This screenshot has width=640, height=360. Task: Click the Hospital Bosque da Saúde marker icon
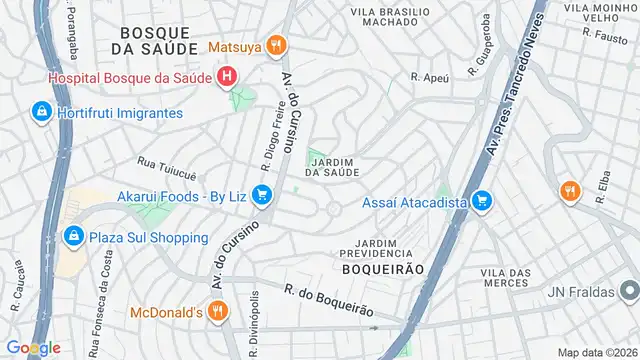tap(228, 76)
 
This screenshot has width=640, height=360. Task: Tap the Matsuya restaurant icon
tap(276, 45)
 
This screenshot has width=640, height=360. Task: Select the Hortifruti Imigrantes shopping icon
tap(41, 112)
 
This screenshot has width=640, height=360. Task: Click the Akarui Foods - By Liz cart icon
tap(262, 196)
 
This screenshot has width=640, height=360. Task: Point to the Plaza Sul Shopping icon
tap(72, 237)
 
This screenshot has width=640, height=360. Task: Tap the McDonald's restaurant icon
tap(222, 313)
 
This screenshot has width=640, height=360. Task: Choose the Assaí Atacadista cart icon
tap(482, 202)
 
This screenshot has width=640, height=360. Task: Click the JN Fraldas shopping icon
tap(628, 292)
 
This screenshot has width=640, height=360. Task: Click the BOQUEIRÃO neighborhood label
tap(383, 270)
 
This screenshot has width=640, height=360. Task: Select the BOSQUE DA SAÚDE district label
tap(152, 39)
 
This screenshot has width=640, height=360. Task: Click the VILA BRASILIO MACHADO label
tap(390, 16)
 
